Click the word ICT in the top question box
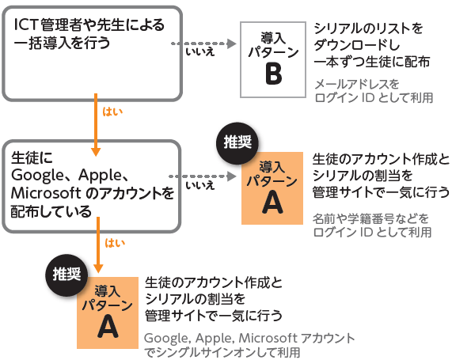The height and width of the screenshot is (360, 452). click(x=26, y=25)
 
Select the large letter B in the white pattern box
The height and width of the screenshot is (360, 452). click(x=273, y=74)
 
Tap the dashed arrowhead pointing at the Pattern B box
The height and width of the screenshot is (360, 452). click(x=231, y=44)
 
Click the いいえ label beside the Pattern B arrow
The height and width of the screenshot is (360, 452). click(x=200, y=52)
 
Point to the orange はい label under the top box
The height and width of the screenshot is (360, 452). click(x=112, y=112)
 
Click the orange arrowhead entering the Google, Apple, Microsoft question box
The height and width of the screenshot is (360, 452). click(x=96, y=152)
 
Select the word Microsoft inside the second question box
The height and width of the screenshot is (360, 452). click(x=46, y=193)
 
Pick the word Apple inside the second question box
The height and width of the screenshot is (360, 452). click(x=101, y=175)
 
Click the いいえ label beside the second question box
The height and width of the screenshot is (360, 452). click(x=200, y=185)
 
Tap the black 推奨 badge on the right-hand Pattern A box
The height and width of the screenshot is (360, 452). click(x=237, y=143)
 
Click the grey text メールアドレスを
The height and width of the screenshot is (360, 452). click(x=356, y=84)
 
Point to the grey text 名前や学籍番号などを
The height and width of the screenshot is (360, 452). click(x=370, y=218)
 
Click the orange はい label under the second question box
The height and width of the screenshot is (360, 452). click(x=115, y=243)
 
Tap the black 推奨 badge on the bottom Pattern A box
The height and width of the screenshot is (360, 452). click(x=66, y=275)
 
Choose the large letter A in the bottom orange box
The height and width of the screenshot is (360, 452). click(x=108, y=327)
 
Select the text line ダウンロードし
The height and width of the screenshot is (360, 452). click(x=357, y=45)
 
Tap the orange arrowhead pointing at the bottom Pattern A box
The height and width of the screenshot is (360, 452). click(x=98, y=269)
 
